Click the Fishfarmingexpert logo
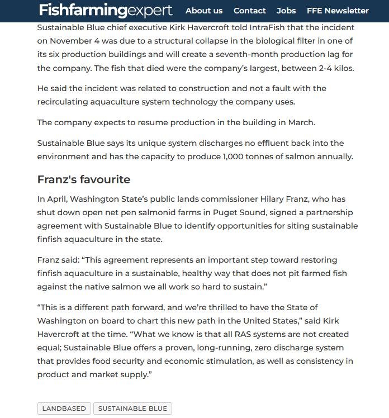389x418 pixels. pos(106,10)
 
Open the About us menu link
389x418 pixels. pos(203,11)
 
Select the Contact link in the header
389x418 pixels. pos(249,11)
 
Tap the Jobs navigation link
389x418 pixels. pos(286,11)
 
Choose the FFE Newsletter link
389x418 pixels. pos(338,11)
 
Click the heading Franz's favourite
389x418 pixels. pos(83,179)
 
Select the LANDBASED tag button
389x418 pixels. pos(64,408)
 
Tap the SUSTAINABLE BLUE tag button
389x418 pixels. pos(132,408)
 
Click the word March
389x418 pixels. pos(303,122)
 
